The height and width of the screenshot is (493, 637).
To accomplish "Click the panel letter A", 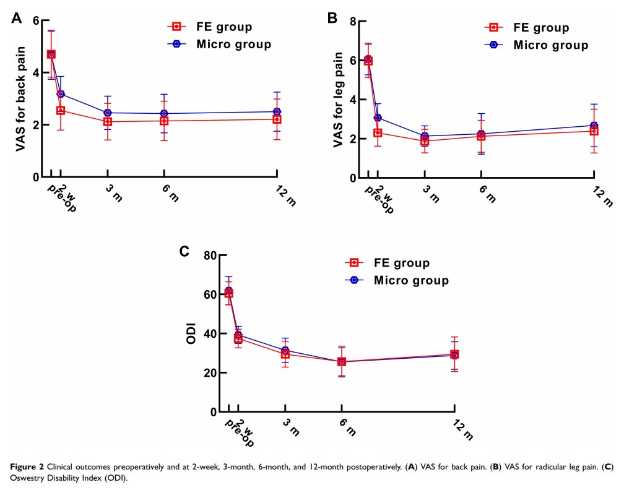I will coord(17,19).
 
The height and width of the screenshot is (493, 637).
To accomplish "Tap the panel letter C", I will coord(184,252).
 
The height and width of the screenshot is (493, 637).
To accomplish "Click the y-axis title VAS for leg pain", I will coord(338,99).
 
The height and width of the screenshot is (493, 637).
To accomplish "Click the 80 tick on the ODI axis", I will coord(212,255).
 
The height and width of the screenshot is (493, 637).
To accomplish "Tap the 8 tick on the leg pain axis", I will coord(352,22).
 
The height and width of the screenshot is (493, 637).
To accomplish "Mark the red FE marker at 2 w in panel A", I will coord(61,111).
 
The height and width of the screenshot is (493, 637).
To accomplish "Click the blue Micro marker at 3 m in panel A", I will coord(107,113).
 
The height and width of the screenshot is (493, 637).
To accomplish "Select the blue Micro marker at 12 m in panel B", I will coord(594,126).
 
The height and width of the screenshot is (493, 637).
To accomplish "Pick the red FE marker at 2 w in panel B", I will coord(378,132).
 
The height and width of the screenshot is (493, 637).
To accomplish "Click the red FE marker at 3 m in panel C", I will coord(285,354).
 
